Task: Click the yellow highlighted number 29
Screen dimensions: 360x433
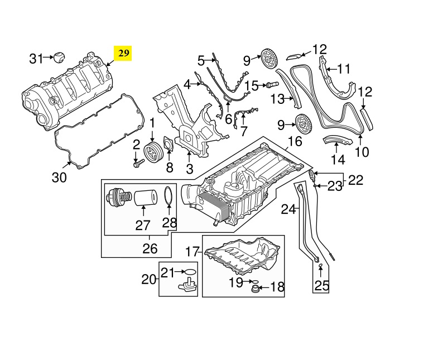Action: pos(123,54)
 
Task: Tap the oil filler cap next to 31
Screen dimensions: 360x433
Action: pos(59,57)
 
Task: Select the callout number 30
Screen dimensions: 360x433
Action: pos(59,178)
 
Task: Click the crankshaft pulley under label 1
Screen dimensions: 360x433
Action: pos(151,152)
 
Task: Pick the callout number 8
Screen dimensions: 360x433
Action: pos(170,167)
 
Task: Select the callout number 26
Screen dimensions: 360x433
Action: pos(150,248)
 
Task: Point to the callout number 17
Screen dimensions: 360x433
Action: pos(193,252)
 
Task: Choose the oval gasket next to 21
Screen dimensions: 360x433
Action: pos(191,272)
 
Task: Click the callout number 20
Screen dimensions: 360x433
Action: pos(149,279)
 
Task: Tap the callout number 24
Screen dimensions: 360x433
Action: pos(288,210)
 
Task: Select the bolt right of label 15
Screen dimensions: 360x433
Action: pos(272,84)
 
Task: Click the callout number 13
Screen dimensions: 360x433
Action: pos(278,100)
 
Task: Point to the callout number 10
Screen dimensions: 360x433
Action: pos(362,151)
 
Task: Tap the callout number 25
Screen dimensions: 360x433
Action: pos(322,286)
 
